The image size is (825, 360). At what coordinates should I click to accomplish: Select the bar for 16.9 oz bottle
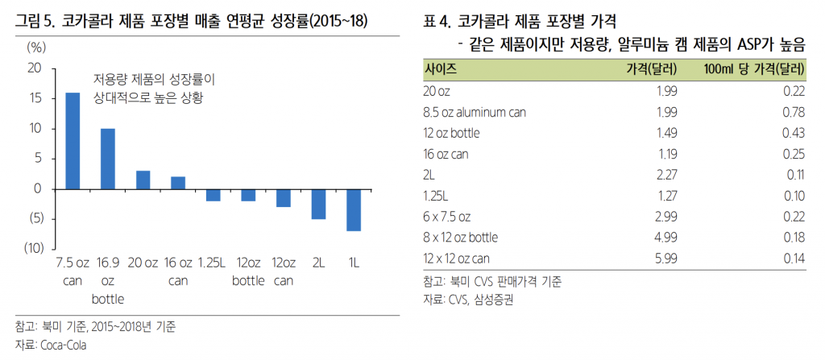click(107, 159)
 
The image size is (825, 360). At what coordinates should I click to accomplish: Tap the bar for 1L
click(353, 209)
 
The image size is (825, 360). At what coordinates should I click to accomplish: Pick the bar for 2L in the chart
click(318, 204)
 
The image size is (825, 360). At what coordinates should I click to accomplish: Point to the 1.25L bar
click(213, 194)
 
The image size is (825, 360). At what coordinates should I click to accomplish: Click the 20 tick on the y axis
click(35, 69)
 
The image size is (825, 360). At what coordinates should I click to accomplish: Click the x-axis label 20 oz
click(143, 263)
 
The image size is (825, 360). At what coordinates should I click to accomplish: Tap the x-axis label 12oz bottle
click(247, 271)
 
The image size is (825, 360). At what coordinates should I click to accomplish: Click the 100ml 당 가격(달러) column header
click(755, 68)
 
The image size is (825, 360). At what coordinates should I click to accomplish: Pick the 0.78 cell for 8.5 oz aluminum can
click(794, 112)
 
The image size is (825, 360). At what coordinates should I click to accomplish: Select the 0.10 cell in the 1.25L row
click(794, 196)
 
